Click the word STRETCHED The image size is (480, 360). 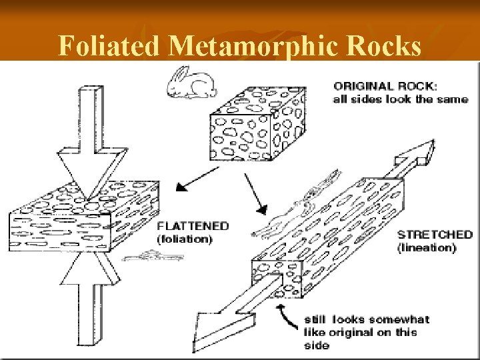(434, 235)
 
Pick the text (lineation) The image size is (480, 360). (427, 247)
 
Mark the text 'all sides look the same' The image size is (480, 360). (400, 99)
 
